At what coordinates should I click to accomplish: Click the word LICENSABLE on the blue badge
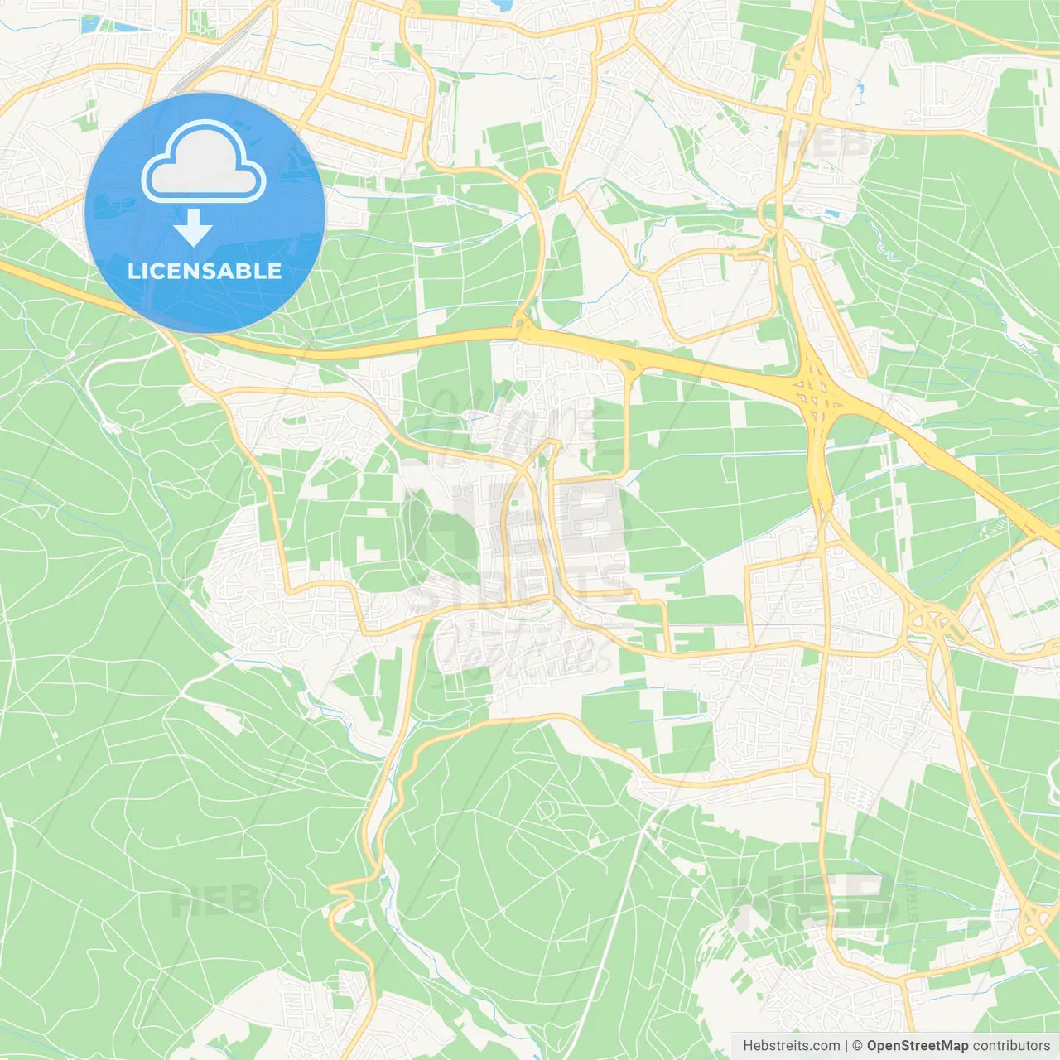[x=205, y=271]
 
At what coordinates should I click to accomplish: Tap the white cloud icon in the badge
[x=203, y=163]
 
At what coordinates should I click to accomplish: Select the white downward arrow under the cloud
[x=194, y=227]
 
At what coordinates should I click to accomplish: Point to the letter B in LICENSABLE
[x=243, y=271]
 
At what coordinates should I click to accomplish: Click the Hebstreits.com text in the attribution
[x=791, y=1046]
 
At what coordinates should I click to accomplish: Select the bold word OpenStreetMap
[x=917, y=1046]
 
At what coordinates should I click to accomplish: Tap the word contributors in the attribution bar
[x=1011, y=1046]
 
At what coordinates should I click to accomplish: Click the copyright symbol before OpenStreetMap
[x=857, y=1046]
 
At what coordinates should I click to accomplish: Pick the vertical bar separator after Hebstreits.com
[x=846, y=1046]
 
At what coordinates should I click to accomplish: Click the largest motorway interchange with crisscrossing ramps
[x=817, y=397]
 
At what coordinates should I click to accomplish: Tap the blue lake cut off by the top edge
[x=502, y=5]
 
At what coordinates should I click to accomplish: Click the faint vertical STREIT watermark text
[x=912, y=894]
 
